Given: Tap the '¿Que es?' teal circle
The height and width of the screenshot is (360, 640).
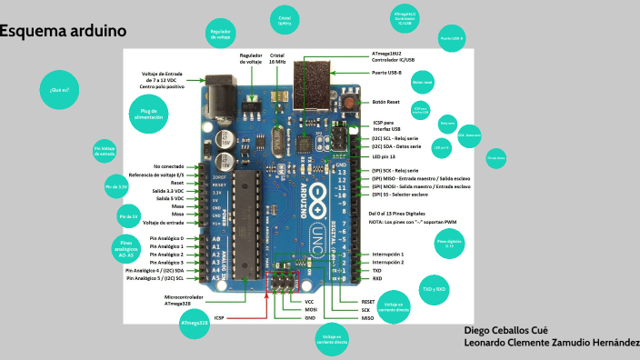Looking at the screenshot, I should click(60, 90).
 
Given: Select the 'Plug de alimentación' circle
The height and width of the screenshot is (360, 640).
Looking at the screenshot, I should click(148, 115).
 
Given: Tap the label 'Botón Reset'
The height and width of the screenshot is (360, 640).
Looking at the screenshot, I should click(386, 102).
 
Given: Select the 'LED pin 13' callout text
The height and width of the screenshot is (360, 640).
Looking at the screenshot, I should click(388, 156).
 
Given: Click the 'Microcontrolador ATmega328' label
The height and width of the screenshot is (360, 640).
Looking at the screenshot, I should click(185, 300).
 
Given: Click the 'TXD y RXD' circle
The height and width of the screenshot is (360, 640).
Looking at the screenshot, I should click(434, 289).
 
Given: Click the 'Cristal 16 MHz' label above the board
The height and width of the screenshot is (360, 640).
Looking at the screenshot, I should click(278, 58).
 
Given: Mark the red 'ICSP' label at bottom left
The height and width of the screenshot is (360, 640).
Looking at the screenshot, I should click(219, 318).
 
